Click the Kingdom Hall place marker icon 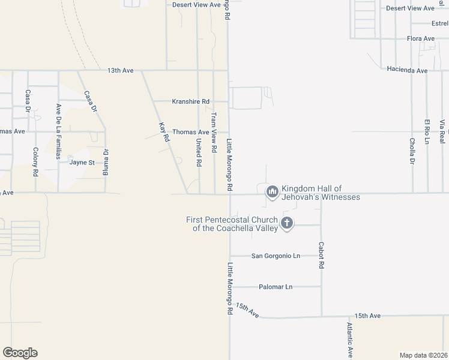pos(272,191)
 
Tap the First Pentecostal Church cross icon pos(287,224)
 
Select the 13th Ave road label pos(120,70)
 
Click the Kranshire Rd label pos(190,101)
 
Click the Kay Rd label pos(163,131)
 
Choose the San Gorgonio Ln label pos(275,256)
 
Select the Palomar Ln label pos(276,287)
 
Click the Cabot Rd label pos(321,255)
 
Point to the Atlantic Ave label pos(349,340)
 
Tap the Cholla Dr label pos(412,151)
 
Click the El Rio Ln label pos(427,131)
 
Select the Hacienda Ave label pos(407,70)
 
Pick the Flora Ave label pos(420,38)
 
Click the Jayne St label pos(82,162)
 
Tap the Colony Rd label pos(36,161)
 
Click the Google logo pos(20,353)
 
